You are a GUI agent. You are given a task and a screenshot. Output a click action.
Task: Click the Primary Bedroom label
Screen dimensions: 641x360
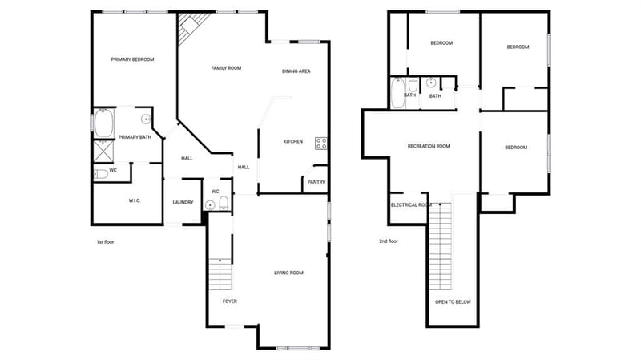[132, 59]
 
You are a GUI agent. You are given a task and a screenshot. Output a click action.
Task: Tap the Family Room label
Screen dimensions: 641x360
[226, 68]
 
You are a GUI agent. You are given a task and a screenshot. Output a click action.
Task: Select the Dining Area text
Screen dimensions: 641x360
[296, 71]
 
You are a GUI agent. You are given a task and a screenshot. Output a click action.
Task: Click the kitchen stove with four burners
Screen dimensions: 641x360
[321, 144]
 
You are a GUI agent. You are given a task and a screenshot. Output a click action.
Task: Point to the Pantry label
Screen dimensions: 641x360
[316, 182]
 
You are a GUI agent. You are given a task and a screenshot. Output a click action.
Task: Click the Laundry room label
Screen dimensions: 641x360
[183, 203]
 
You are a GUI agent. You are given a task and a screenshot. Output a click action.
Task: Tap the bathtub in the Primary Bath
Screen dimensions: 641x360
[104, 123]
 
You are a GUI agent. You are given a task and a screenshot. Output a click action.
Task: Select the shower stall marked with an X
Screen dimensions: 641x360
[104, 152]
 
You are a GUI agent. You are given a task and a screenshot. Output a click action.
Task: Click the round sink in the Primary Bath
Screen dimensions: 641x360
[146, 119]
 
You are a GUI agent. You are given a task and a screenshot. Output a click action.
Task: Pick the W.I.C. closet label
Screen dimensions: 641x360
[135, 201]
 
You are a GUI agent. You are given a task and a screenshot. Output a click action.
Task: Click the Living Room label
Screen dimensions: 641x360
[288, 273]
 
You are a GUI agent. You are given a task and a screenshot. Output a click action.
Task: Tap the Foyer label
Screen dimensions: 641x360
[230, 301]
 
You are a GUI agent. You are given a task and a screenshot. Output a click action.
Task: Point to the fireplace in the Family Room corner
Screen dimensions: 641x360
[191, 26]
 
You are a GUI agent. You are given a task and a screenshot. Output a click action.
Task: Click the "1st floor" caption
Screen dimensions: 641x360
[105, 242]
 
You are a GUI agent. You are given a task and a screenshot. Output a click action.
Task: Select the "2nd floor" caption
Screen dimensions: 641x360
[389, 241]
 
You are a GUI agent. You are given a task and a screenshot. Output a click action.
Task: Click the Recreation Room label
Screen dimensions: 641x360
[429, 146]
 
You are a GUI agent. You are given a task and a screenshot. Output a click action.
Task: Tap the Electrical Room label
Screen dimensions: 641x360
[411, 205]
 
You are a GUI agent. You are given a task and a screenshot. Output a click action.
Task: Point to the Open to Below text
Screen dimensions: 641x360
[453, 302]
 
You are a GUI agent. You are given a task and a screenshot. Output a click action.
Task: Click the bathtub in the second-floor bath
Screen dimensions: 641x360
[397, 93]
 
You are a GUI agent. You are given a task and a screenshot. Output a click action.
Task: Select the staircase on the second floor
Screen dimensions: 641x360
[440, 246]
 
